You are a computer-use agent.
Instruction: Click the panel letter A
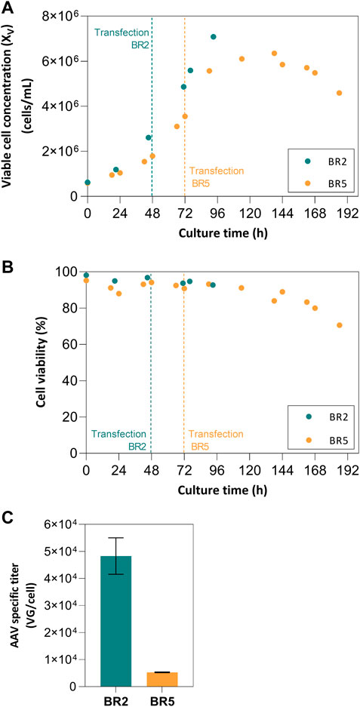tap(8, 7)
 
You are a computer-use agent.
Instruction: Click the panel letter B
tap(8, 266)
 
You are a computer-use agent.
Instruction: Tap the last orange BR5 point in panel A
tap(339, 93)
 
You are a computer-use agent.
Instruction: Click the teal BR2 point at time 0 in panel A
tap(88, 182)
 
